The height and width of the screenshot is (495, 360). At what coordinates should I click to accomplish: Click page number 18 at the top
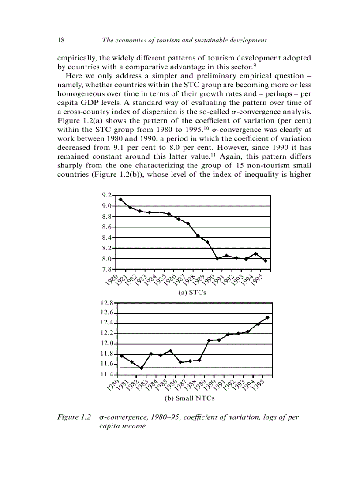[61, 40]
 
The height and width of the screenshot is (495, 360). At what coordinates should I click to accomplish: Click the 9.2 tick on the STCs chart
[106, 195]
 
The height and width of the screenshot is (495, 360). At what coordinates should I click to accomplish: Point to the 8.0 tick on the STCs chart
[106, 259]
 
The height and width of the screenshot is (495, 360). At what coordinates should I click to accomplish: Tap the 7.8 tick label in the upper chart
[106, 269]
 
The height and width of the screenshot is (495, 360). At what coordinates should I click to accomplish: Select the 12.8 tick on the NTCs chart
[108, 303]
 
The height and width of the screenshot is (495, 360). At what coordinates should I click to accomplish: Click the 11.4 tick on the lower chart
[108, 375]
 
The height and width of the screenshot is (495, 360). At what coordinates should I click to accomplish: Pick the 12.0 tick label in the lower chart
[108, 344]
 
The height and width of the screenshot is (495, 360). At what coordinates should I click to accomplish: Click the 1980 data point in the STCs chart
[120, 200]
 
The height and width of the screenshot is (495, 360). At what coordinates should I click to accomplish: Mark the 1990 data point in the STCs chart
[217, 258]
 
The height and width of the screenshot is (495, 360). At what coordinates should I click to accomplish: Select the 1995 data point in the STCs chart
[265, 261]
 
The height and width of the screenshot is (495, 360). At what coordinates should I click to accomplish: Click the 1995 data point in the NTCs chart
[267, 317]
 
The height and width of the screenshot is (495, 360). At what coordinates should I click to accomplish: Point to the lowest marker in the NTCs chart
[142, 368]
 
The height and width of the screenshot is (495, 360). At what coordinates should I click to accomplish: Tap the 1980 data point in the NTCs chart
[122, 356]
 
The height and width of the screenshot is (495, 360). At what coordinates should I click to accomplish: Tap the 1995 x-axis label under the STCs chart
[262, 279]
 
